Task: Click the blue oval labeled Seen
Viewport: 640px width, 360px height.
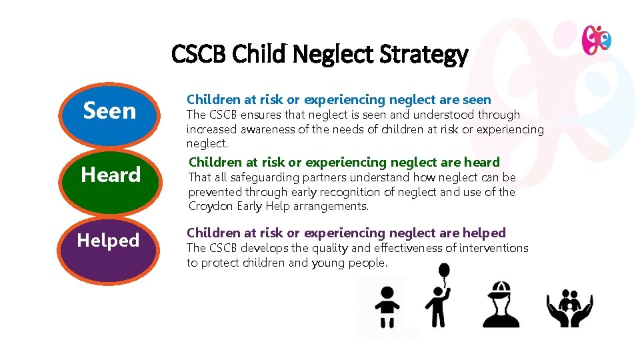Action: [109, 112]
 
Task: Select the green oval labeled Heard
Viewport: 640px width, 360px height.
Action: [111, 176]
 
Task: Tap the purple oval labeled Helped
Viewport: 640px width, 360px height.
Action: [109, 241]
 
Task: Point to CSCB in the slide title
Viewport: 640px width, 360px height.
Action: [199, 54]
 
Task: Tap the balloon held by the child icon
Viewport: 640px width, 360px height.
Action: [444, 271]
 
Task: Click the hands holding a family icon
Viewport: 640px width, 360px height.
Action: [569, 307]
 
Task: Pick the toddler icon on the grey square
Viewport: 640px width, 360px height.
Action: [387, 307]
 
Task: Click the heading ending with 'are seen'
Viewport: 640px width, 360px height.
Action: [339, 100]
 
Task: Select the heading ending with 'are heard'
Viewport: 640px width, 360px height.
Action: [344, 162]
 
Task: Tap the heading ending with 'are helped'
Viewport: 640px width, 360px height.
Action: [346, 233]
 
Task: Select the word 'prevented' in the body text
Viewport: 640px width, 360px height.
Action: [215, 192]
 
